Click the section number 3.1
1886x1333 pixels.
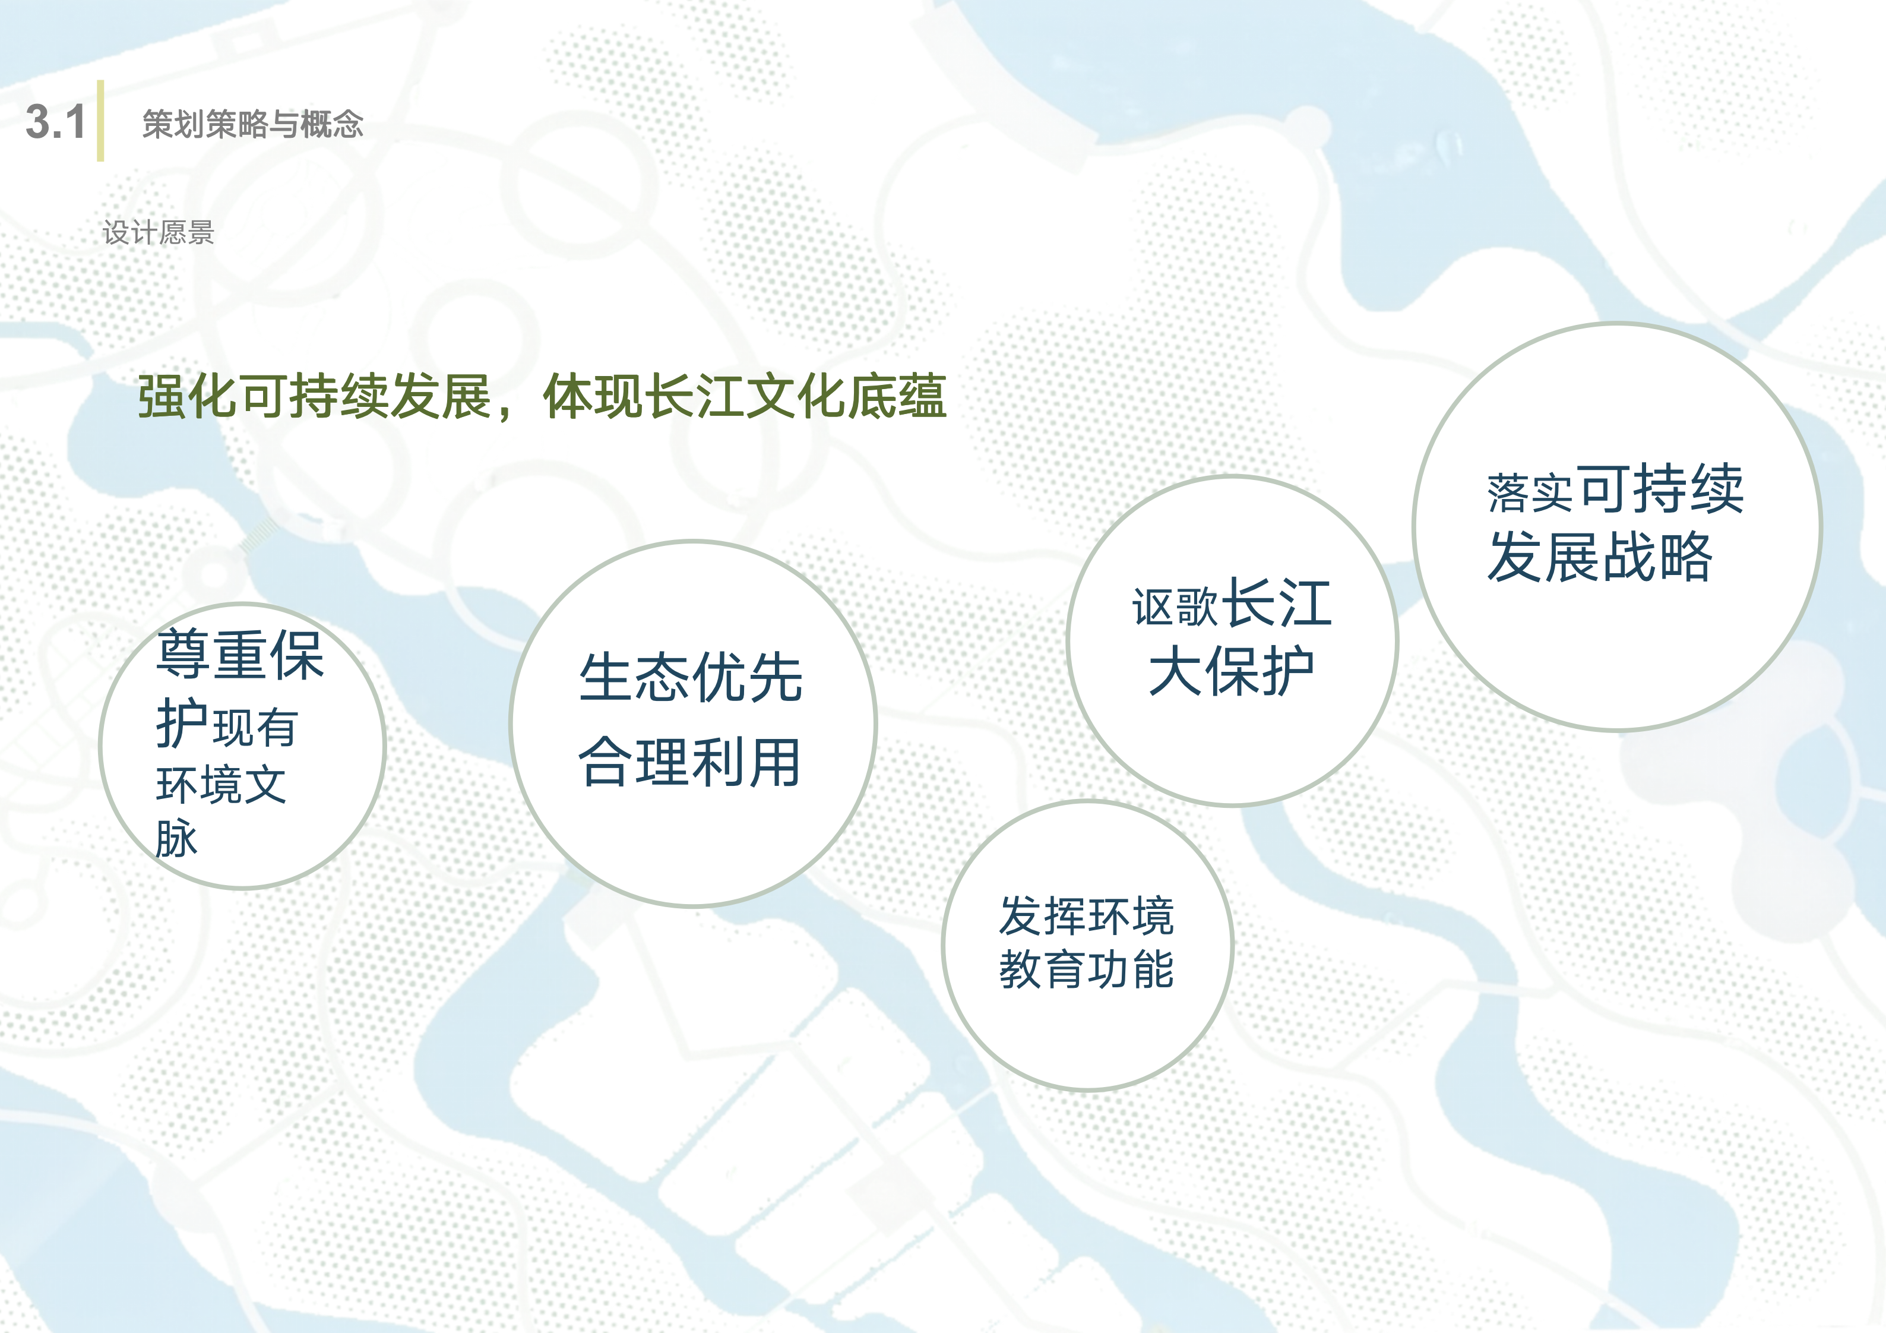click(56, 122)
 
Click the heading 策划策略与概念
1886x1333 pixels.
click(252, 124)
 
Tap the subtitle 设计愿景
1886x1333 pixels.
click(158, 233)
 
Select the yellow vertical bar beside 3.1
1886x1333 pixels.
click(100, 121)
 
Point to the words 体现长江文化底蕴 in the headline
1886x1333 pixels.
click(744, 397)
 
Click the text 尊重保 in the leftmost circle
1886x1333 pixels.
click(240, 655)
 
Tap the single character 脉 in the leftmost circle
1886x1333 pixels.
click(176, 838)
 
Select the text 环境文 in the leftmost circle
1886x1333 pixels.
click(221, 784)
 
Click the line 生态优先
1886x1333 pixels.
click(690, 678)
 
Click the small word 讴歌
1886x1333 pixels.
click(1174, 607)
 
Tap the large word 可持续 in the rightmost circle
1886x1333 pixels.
click(1661, 489)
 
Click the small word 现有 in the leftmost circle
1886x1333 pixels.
click(255, 727)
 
